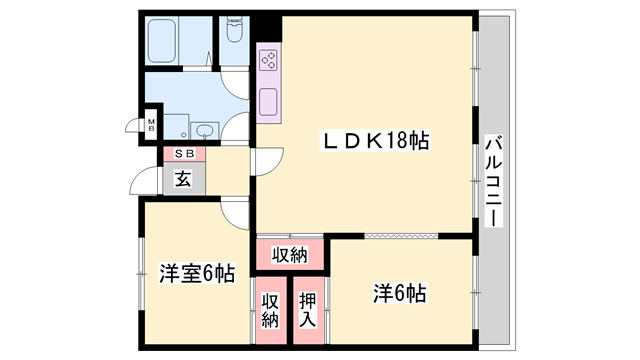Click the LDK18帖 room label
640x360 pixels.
(375, 142)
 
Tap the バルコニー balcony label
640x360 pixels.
(492, 179)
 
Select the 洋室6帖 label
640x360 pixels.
(196, 272)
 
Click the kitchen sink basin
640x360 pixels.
(269, 101)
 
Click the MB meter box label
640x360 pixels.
(151, 126)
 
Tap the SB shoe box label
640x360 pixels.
(184, 153)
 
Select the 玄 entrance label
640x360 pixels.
(184, 179)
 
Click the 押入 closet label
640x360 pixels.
(309, 311)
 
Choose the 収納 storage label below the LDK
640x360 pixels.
(290, 255)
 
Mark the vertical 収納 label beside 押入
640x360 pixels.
(270, 311)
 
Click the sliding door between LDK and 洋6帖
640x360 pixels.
(400, 236)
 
